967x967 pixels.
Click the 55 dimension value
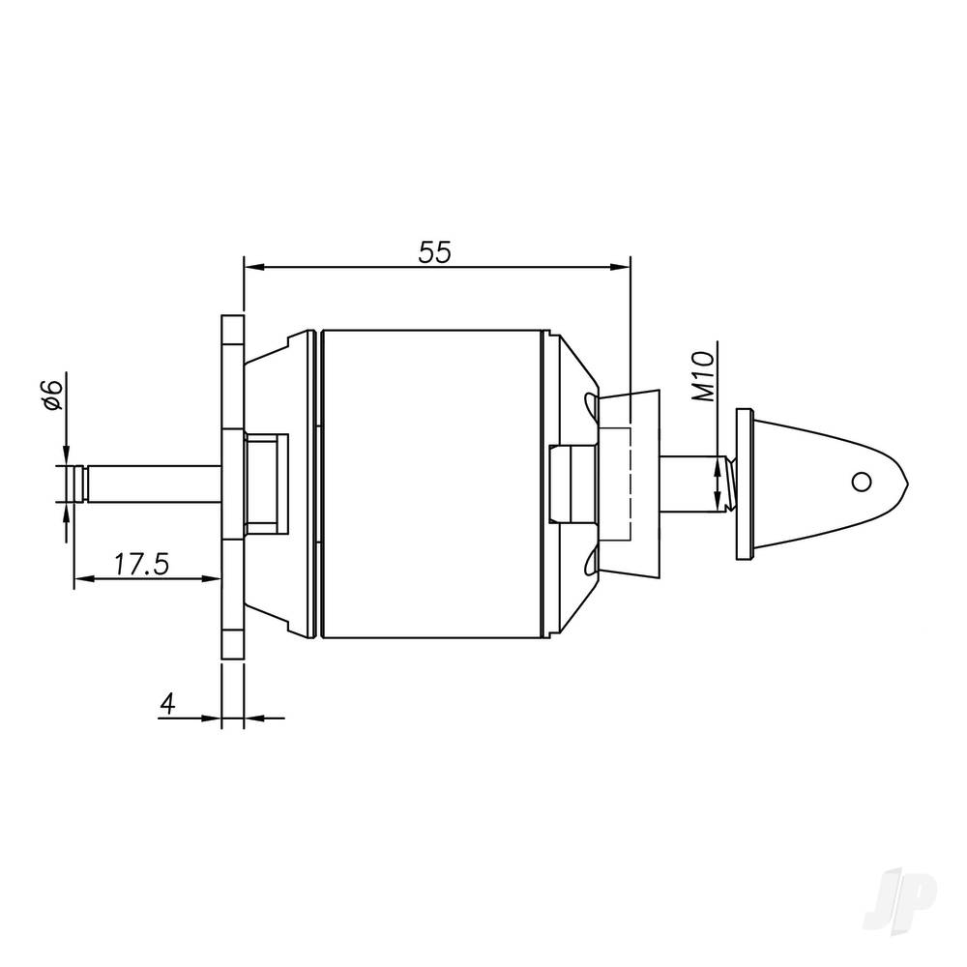[435, 252]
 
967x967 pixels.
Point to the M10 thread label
[705, 376]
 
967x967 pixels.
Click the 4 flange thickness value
[167, 704]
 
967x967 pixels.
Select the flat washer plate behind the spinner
[743, 483]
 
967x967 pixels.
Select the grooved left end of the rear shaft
[77, 483]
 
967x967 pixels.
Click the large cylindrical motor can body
[430, 483]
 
